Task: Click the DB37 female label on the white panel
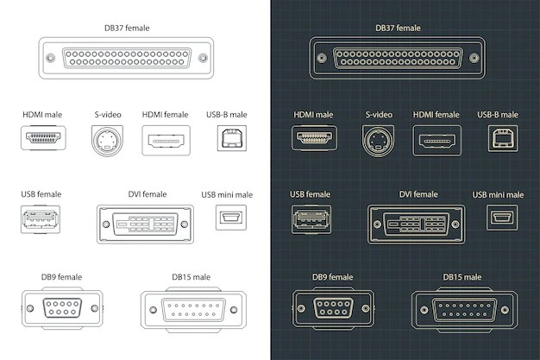[126, 28]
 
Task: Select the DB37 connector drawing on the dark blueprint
[398, 59]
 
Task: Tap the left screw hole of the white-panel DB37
[51, 59]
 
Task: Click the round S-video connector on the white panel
[108, 139]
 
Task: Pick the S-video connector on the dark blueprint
[379, 139]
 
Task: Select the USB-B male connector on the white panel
[231, 139]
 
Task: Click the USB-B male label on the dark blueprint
[498, 114]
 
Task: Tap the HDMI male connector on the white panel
[43, 138]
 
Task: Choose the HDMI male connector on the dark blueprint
[315, 138]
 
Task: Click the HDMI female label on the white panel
[165, 114]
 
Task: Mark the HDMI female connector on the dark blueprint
[437, 139]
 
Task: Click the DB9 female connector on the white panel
[62, 308]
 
